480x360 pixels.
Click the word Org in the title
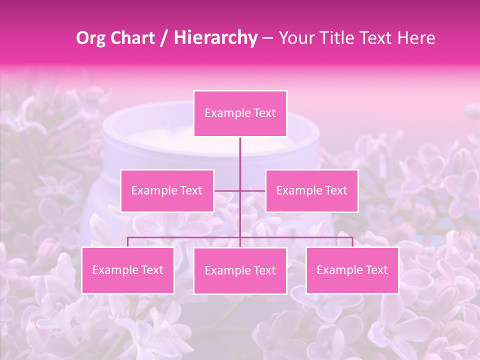91,38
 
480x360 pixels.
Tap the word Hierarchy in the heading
215,38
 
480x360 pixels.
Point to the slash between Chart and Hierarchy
164,38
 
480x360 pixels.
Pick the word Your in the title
295,38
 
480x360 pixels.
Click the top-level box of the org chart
240,113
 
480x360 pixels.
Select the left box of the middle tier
167,190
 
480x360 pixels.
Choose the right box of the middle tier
311,190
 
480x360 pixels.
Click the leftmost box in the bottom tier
127,270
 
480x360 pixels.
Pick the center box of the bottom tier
240,270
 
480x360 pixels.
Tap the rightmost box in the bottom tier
352,270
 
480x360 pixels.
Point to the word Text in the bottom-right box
375,270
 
